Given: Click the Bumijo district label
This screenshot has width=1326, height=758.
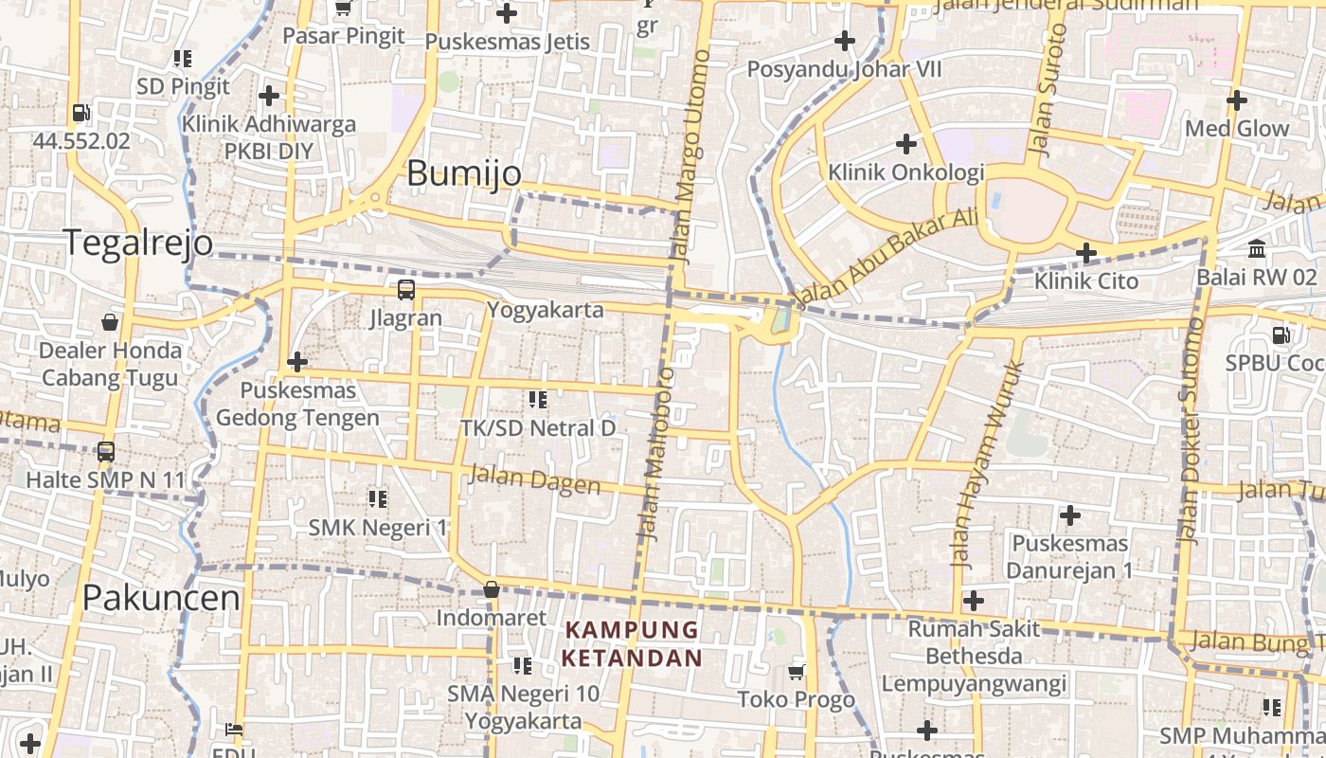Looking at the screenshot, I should [464, 173].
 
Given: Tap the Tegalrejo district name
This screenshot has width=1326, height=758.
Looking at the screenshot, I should [138, 243].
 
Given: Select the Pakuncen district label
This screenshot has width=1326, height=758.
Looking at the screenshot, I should [161, 598].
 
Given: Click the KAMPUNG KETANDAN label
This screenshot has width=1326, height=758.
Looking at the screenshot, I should [632, 643].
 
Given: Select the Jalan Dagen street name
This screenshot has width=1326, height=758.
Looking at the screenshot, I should [535, 479].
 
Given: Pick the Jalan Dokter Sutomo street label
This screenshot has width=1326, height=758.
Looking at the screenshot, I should [1191, 431].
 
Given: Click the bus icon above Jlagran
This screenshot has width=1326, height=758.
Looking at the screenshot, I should [405, 289].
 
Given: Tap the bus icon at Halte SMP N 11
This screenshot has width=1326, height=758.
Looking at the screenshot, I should [106, 452].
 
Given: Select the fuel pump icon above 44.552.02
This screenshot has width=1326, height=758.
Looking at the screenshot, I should [81, 113].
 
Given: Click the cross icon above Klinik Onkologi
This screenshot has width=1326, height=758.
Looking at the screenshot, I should [906, 144].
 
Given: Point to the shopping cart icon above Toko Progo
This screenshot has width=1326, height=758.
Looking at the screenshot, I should [797, 672].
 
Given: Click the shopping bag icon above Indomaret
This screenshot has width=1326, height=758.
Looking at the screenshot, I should [491, 589].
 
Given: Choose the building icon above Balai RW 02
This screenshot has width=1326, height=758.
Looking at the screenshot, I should [1257, 249].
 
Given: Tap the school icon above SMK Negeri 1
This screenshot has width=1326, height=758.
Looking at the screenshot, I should [378, 498].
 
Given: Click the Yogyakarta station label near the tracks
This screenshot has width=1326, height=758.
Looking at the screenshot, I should [545, 310].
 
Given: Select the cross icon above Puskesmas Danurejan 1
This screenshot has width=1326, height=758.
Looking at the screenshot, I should [1070, 515].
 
